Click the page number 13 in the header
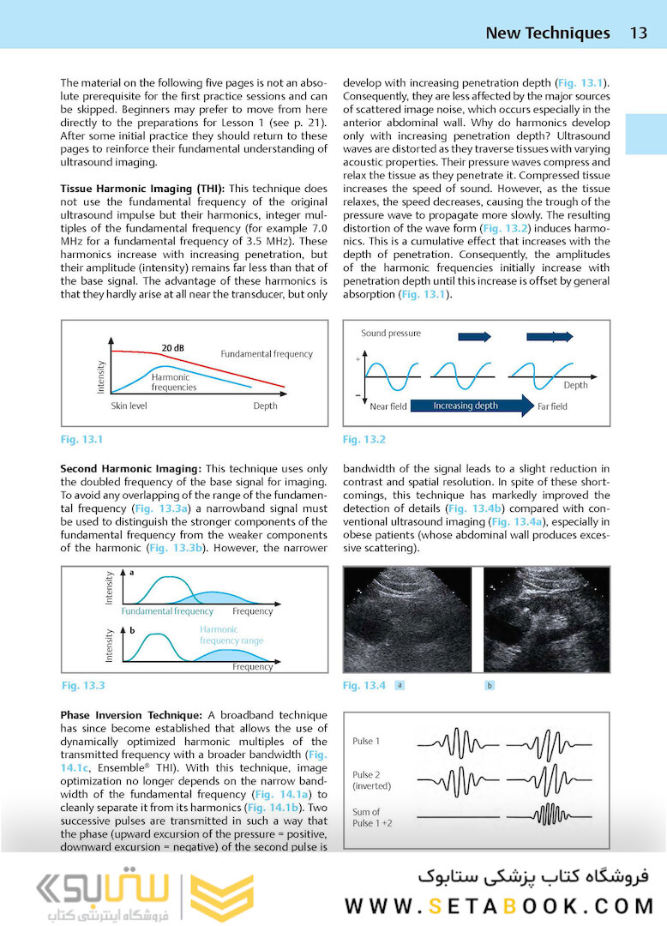click(638, 33)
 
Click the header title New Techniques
click(547, 33)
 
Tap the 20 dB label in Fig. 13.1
click(173, 348)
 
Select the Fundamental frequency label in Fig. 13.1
click(267, 354)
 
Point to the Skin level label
click(129, 406)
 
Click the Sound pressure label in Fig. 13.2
click(391, 334)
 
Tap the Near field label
click(388, 406)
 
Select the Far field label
click(552, 406)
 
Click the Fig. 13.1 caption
click(81, 440)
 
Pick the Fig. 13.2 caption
click(364, 440)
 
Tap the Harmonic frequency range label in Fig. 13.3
click(231, 635)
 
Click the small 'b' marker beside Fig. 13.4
click(490, 685)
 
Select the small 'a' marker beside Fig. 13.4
click(400, 685)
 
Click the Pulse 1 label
click(366, 741)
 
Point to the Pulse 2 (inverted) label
click(372, 780)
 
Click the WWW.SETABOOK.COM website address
click(499, 905)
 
